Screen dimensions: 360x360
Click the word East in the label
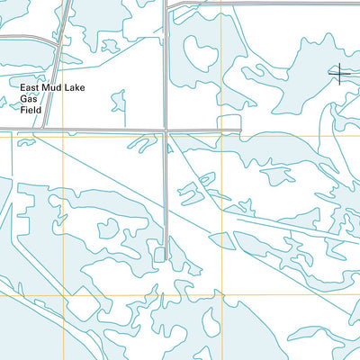pos(31,88)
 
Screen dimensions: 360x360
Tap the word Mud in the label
pos(58,88)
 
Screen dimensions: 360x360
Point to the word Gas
pos(30,99)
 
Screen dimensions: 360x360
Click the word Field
pos(32,110)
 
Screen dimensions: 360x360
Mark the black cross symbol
pos(339,73)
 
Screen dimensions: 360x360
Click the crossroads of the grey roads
pos(166,130)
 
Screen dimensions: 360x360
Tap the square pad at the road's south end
pos(159,256)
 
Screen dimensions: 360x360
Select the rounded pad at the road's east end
pos(231,122)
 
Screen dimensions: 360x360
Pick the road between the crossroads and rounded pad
pos(193,130)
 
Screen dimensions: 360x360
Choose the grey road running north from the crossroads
pos(166,63)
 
